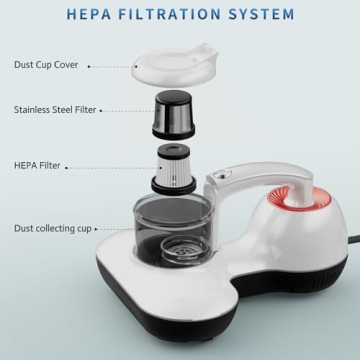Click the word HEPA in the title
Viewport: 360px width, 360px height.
coord(90,15)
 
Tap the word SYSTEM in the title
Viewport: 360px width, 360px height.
coord(264,15)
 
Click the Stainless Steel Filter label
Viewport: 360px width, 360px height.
coord(56,109)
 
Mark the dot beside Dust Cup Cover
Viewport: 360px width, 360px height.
coord(89,66)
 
